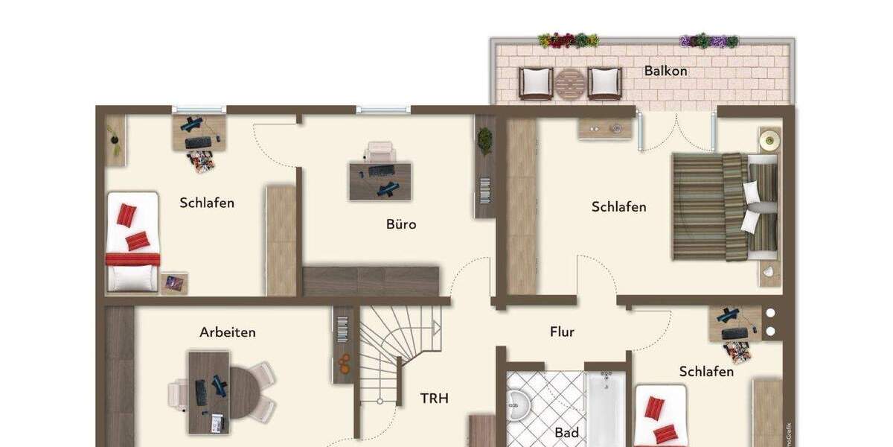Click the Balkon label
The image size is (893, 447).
665,72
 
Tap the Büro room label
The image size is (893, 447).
401,223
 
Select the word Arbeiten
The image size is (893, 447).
228,332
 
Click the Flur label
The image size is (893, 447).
562,332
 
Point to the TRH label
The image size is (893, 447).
435,399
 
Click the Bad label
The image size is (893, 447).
566,432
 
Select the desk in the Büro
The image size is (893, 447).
380,181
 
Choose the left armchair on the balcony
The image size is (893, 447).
536,83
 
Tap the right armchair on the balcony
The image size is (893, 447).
604,83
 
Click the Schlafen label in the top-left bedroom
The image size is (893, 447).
207,203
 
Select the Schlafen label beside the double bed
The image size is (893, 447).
618,207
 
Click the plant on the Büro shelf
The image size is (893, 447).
485,140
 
